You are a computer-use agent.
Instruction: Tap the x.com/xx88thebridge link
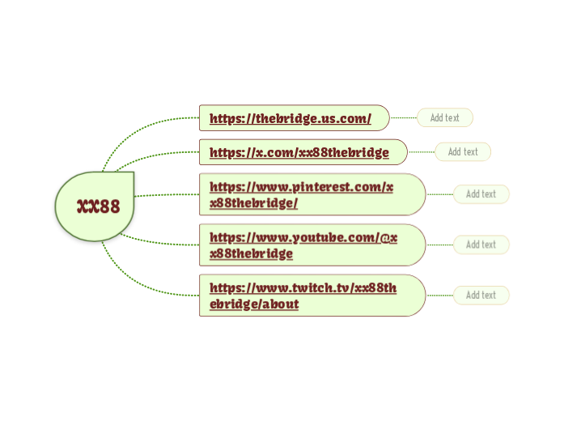coord(299,152)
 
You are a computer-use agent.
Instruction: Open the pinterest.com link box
coord(312,194)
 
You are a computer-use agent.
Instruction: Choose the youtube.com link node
coord(312,245)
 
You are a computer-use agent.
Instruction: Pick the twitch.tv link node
coord(312,295)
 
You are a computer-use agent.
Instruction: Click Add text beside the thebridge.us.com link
coord(444,118)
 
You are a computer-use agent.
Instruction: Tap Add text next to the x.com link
coord(463,152)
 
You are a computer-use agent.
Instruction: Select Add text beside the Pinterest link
coord(481,194)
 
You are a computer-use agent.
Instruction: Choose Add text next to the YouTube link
coord(481,245)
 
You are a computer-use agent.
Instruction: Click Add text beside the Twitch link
coord(481,296)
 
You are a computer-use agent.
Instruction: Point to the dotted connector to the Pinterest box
coord(166,195)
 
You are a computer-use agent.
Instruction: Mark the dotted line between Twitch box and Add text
coord(439,296)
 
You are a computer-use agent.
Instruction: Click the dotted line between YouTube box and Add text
coord(439,245)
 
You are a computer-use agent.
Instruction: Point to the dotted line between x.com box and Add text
coord(421,152)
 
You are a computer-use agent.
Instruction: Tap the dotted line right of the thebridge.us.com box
coord(403,118)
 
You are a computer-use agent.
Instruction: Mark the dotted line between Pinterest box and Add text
coord(439,194)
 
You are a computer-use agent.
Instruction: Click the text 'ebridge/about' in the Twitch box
coord(254,304)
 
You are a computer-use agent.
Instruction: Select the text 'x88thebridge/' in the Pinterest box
coord(253,203)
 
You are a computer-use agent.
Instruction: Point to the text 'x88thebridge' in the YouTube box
coord(251,253)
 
